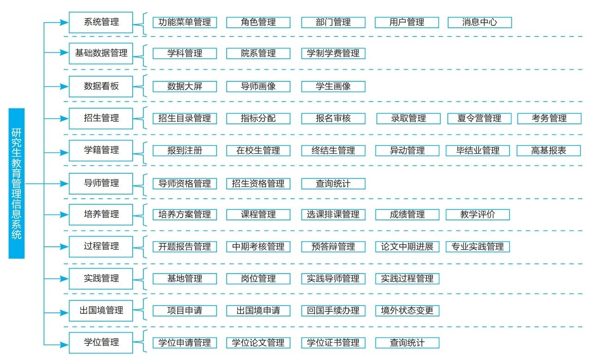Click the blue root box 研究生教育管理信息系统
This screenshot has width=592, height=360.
(16, 183)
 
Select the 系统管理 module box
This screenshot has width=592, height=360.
(101, 22)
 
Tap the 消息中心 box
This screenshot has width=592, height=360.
(480, 22)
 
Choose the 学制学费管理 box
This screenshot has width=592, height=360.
(333, 54)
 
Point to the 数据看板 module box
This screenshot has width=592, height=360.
(101, 86)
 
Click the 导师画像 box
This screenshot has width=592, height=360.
(258, 86)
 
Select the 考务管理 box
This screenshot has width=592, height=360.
(549, 118)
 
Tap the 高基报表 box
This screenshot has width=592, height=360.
(549, 151)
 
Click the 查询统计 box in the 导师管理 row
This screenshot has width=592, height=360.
(333, 183)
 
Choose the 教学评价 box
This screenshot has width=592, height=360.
(478, 214)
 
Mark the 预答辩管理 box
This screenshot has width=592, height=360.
(333, 246)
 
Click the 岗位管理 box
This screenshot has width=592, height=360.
(258, 279)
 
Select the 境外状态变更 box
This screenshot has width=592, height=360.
(407, 311)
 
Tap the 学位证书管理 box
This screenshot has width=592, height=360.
(333, 343)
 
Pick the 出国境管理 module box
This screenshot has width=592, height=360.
(101, 311)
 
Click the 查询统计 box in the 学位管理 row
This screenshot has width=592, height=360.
(407, 343)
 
